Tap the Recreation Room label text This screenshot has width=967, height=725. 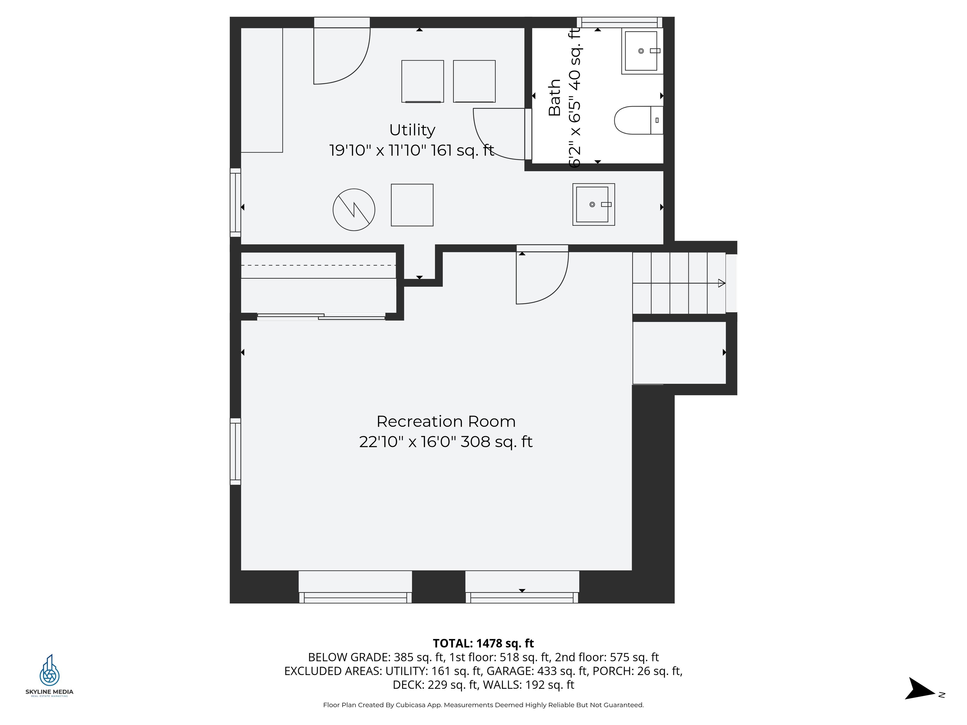pyautogui.click(x=446, y=422)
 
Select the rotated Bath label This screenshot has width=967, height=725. pyautogui.click(x=554, y=98)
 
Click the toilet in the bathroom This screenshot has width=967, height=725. pyautogui.click(x=639, y=120)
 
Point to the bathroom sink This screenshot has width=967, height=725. pyautogui.click(x=642, y=51)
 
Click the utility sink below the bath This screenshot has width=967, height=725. pyautogui.click(x=594, y=205)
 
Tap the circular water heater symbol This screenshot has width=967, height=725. pyautogui.click(x=354, y=210)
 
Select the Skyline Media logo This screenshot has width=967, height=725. pyautogui.click(x=49, y=676)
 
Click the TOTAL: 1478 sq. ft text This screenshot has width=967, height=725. pyautogui.click(x=483, y=643)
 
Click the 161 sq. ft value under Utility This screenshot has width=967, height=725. pyautogui.click(x=462, y=151)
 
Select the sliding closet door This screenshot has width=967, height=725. pyautogui.click(x=321, y=317)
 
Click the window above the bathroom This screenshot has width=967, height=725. pyautogui.click(x=619, y=22)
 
